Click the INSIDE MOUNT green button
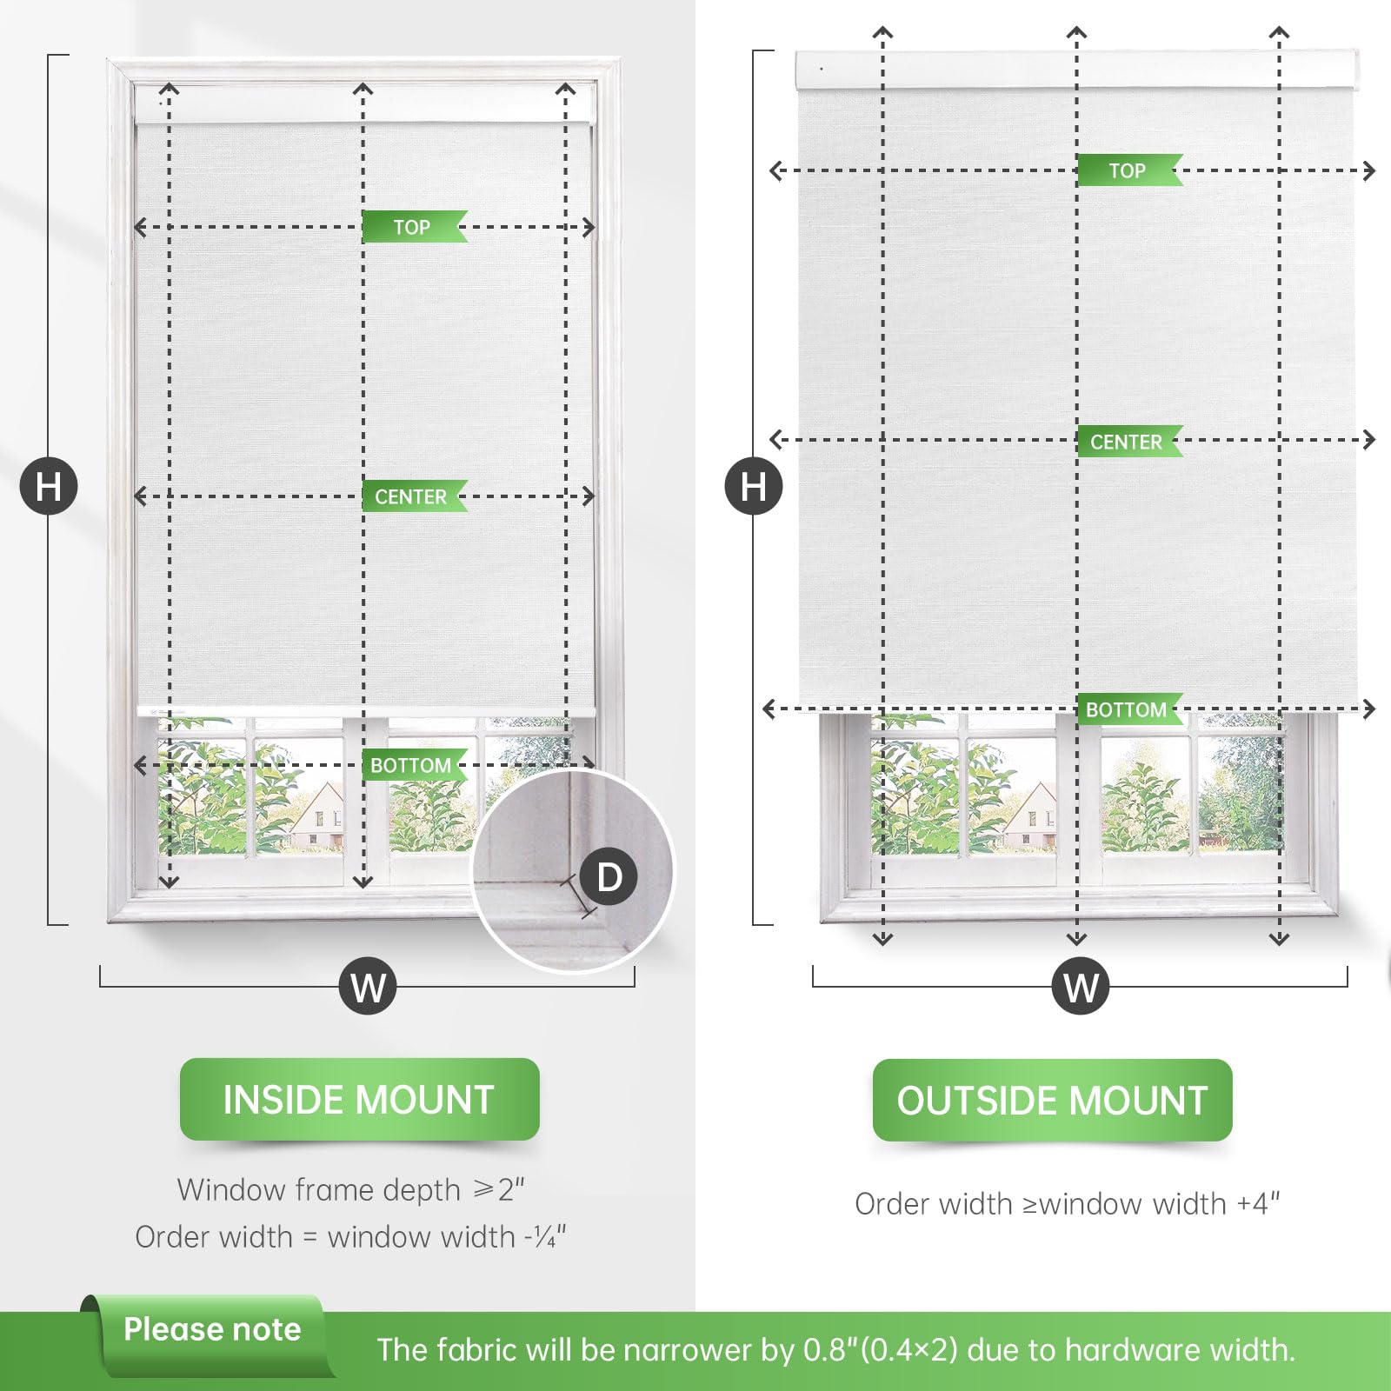pyautogui.click(x=359, y=1100)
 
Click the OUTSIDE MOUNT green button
pyautogui.click(x=1052, y=1101)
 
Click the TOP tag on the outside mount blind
pyautogui.click(x=1128, y=170)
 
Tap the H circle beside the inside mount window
pyautogui.click(x=49, y=486)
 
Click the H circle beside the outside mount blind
pyautogui.click(x=754, y=486)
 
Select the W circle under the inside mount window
pyautogui.click(x=368, y=986)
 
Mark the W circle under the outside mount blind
pyautogui.click(x=1081, y=986)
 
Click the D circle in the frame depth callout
pyautogui.click(x=609, y=876)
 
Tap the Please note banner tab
pyautogui.click(x=211, y=1330)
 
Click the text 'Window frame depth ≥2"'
pyautogui.click(x=350, y=1189)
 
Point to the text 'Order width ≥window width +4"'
pyautogui.click(x=1067, y=1204)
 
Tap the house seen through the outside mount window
pyautogui.click(x=1029, y=817)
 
